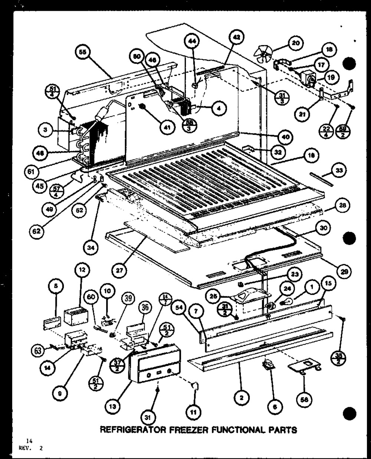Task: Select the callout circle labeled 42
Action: (234, 38)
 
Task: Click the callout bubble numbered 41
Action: (166, 127)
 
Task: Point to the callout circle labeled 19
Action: (330, 77)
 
